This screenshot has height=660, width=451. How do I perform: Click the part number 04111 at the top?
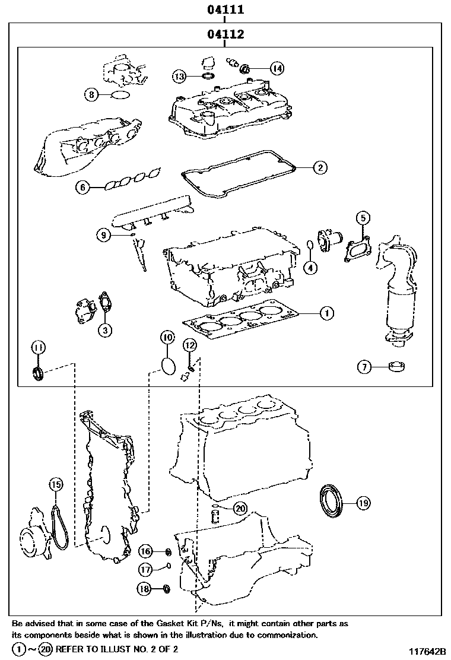225,10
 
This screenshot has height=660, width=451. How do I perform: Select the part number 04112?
225,35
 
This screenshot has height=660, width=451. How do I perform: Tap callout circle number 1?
327,312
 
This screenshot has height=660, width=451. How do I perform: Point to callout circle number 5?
363,217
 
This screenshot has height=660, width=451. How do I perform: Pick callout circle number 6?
82,188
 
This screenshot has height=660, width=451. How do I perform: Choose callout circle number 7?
364,367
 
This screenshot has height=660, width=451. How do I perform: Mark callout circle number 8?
91,94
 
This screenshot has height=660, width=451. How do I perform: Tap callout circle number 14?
277,68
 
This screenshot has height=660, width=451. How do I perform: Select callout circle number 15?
55,485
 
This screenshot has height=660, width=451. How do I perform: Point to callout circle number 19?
363,503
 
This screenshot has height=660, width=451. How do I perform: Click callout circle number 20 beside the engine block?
240,508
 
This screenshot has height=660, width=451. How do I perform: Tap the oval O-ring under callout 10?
168,365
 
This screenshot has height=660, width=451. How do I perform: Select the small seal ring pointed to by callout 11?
38,374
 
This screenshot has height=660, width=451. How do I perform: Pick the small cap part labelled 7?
397,366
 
